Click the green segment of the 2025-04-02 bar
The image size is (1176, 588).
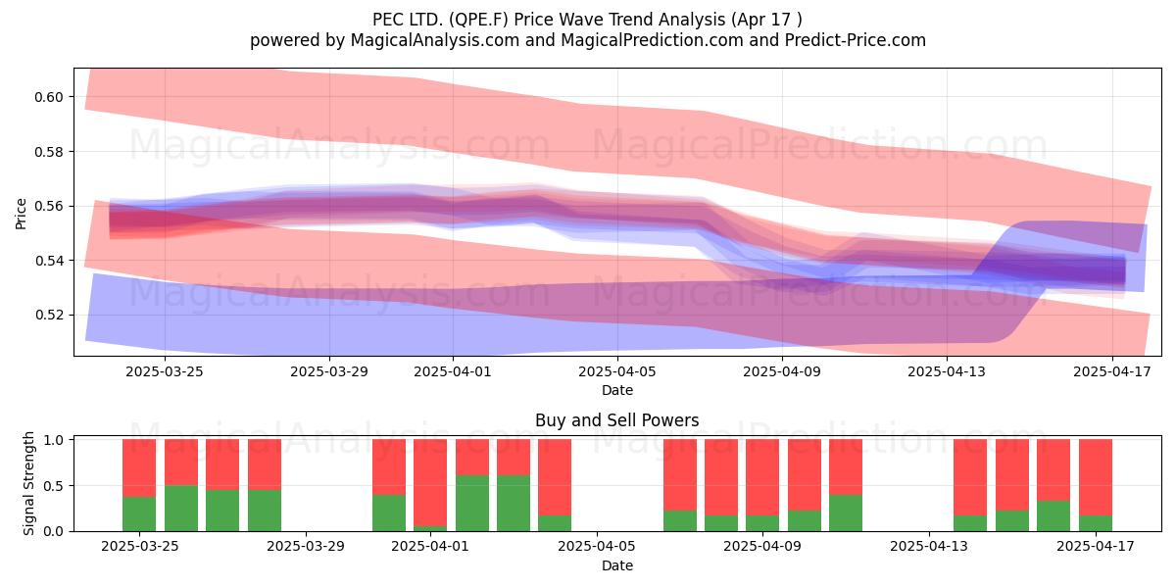pos(472,503)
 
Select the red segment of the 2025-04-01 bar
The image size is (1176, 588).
pos(430,482)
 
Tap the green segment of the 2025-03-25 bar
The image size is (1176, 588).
pos(139,514)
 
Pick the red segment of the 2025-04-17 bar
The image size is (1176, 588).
pos(1096,477)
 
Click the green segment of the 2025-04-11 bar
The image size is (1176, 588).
pos(846,513)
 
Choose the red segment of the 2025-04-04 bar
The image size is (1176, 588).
pos(555,477)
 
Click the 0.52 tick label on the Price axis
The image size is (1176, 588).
pos(48,315)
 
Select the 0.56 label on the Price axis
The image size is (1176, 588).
pos(48,207)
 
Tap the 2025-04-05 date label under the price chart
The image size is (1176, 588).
pos(617,371)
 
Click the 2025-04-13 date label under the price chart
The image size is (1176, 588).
pos(947,371)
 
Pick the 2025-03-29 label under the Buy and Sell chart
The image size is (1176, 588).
pos(306,547)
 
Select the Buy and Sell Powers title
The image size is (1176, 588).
pos(616,420)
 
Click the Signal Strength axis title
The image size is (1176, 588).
pos(28,483)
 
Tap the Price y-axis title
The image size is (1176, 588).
pos(21,214)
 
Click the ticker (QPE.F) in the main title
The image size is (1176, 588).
pos(478,20)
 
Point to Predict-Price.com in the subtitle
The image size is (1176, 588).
pos(856,40)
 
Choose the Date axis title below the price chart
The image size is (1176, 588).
pos(617,390)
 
